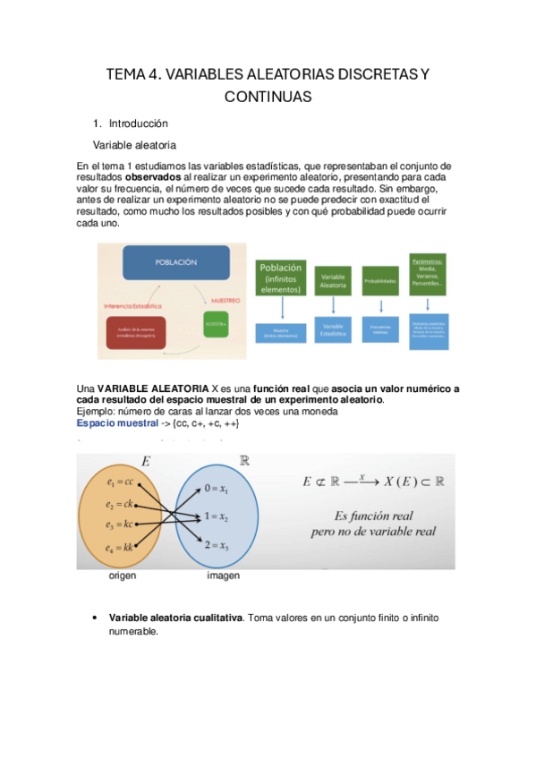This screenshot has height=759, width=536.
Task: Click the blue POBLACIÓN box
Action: (x=175, y=263)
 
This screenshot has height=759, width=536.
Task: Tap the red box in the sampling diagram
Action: (x=137, y=332)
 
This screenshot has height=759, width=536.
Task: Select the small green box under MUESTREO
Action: (x=217, y=323)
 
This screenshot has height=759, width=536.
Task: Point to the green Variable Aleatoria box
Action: (x=334, y=282)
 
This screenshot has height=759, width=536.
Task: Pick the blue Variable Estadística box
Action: (x=334, y=329)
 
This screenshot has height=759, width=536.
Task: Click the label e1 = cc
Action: (x=119, y=482)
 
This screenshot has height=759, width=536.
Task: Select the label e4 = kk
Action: (x=119, y=548)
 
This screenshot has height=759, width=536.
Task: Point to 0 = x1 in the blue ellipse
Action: (x=217, y=490)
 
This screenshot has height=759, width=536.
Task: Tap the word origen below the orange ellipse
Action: (x=123, y=576)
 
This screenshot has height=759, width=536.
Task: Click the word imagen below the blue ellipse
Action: (x=224, y=576)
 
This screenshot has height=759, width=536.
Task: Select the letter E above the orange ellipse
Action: (x=146, y=462)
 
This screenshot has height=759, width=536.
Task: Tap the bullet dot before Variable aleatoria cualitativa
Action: (x=95, y=618)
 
